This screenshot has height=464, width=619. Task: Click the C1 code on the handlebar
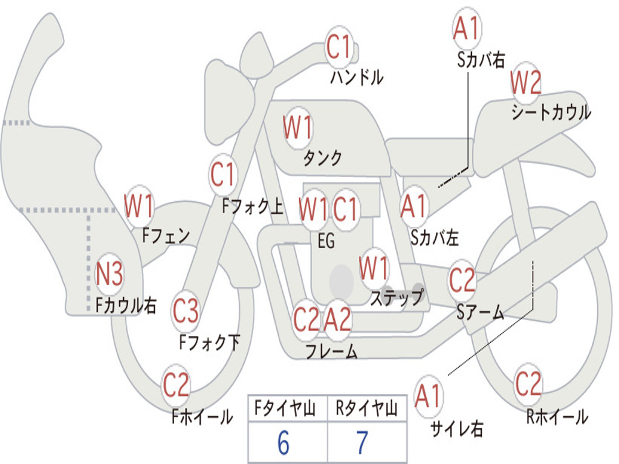click(339, 47)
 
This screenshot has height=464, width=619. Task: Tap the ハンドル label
click(357, 77)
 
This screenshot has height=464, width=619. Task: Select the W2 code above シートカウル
click(525, 82)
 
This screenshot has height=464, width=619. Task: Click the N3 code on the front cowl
click(109, 274)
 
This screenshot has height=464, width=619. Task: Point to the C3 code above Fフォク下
click(186, 311)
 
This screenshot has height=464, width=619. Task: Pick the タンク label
click(323, 158)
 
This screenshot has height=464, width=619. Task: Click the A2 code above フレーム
click(337, 319)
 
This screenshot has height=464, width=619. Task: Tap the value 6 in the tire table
click(284, 443)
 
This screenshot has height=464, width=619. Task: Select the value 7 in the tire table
click(363, 443)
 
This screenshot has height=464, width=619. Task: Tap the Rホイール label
click(557, 417)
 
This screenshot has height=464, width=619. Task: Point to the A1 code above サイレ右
click(427, 396)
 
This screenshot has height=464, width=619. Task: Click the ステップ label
click(397, 297)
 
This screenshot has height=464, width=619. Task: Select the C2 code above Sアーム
click(462, 279)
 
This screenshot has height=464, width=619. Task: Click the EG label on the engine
click(326, 240)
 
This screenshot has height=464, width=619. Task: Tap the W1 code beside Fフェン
click(138, 205)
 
